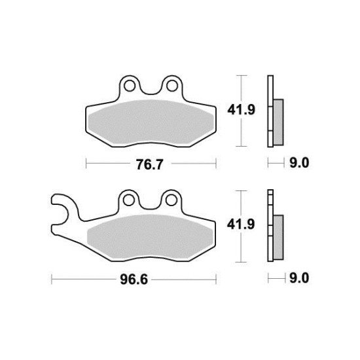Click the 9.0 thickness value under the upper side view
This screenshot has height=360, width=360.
tap(298, 163)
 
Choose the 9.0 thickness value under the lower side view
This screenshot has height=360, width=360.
tap(298, 278)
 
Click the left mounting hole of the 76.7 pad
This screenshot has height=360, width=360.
tap(130, 85)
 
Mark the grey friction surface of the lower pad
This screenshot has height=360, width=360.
tap(151, 234)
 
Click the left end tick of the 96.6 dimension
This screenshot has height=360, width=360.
tap(52, 278)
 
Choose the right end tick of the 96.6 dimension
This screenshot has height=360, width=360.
tap(217, 278)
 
